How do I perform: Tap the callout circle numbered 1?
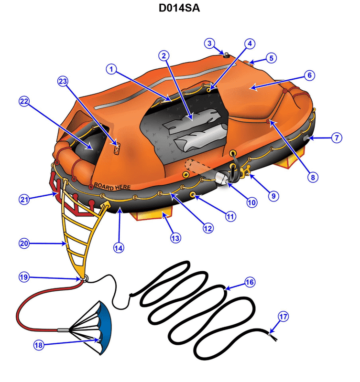point(111,69)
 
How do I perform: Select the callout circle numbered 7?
point(337,138)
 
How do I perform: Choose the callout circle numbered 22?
point(24,101)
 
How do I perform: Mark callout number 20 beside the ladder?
point(24,243)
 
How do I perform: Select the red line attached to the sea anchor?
point(29,306)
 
